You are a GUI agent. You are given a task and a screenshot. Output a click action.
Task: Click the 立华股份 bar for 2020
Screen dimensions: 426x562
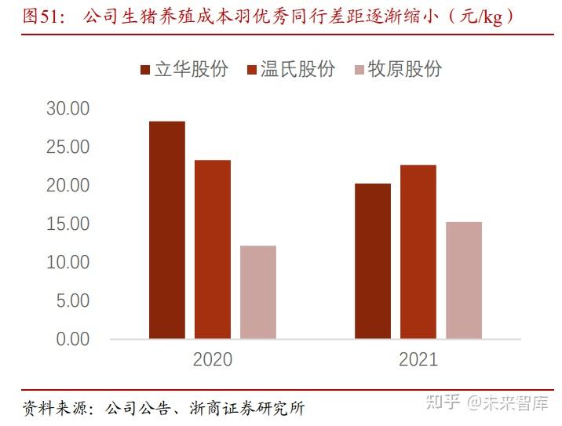coord(167,230)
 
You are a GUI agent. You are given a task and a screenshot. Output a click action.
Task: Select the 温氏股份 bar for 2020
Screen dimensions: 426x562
coord(213,249)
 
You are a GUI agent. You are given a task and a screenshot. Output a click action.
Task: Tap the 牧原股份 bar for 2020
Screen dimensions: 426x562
coord(258,292)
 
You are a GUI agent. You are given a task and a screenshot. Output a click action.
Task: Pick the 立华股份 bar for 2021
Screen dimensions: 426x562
coord(373,261)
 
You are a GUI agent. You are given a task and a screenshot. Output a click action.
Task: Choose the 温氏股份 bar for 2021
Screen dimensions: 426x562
coord(418,252)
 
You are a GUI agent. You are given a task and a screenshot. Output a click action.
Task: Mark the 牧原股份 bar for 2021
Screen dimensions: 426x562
coord(464,280)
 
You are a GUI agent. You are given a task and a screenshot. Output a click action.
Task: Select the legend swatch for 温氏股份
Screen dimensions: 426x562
coord(253,70)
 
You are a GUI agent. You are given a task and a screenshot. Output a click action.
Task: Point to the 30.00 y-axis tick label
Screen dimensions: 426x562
coord(68,108)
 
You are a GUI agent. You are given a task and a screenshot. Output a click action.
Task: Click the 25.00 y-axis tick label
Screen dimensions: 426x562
coord(68,147)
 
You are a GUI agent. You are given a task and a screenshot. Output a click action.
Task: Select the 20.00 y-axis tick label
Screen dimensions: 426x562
coord(68,185)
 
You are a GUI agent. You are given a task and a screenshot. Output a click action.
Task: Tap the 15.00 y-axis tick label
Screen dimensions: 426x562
coord(68,224)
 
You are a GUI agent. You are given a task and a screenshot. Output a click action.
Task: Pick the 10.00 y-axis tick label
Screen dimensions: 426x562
coord(68,262)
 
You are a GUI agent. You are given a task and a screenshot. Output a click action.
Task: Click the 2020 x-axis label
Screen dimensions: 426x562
coord(213,360)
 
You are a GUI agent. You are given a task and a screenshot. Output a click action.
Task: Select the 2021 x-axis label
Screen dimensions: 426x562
coord(418,360)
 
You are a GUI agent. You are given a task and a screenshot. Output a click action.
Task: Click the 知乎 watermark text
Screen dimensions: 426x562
coord(443,403)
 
